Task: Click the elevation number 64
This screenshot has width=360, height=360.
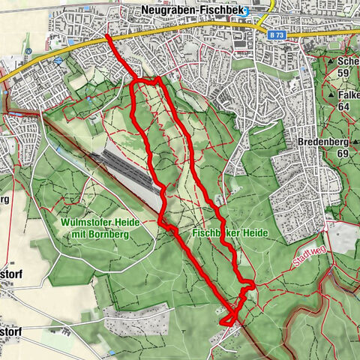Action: [345, 107]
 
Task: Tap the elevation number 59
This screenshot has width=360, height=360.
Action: [345, 73]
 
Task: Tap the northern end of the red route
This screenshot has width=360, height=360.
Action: [107, 36]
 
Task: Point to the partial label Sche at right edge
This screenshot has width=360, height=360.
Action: [348, 61]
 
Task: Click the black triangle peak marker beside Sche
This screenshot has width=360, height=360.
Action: [331, 60]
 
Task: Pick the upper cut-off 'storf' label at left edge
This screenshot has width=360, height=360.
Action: [10, 275]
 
